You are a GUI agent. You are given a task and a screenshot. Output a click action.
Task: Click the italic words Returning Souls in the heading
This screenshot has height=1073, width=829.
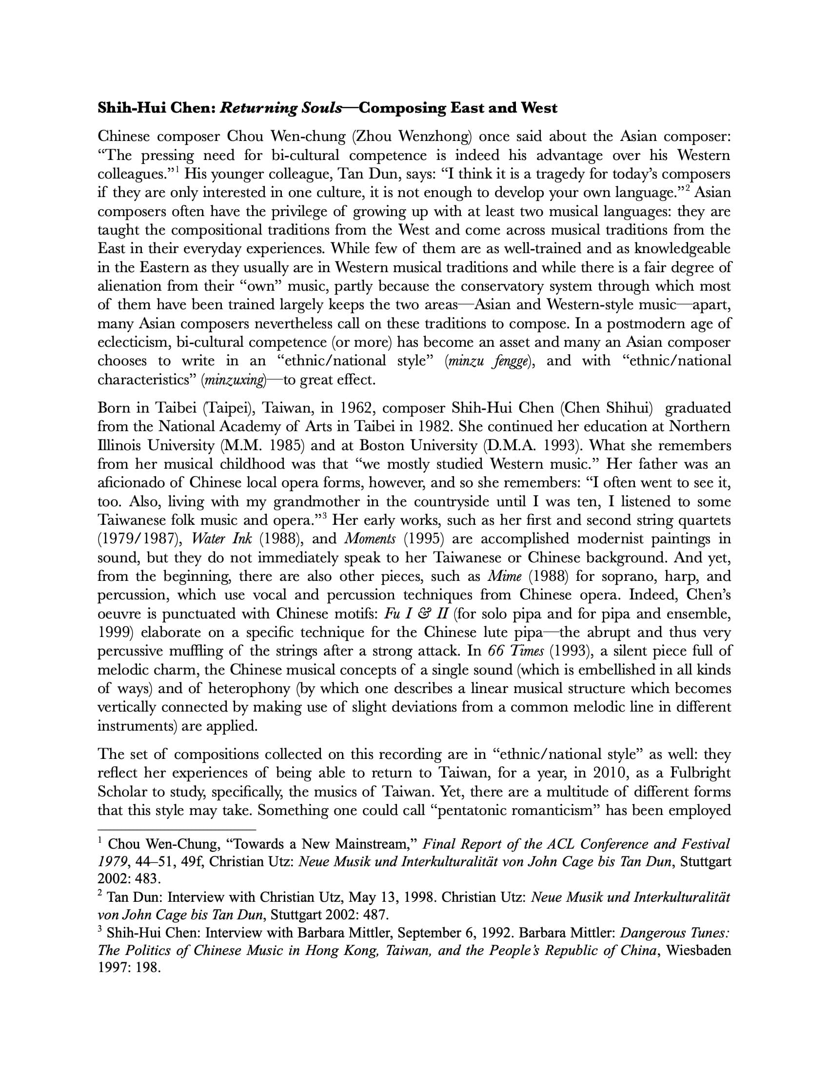coord(281,108)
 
